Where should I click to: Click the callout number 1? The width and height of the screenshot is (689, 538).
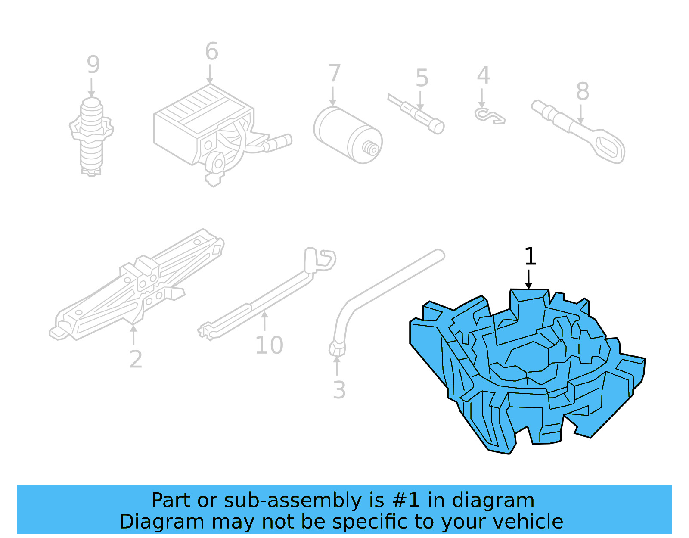[x=530, y=257]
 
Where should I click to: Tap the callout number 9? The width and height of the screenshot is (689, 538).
[x=93, y=65]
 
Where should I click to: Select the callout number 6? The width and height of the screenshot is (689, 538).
[x=211, y=52]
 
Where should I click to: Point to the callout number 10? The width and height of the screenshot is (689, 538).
[x=269, y=345]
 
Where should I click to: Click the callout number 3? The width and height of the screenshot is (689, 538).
[x=339, y=390]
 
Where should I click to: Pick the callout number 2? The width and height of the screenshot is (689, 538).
[x=136, y=359]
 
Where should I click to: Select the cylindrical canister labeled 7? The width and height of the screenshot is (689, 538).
[x=347, y=135]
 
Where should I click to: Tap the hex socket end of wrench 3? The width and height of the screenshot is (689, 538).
[x=337, y=348]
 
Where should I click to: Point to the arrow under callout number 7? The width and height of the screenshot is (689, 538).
[x=333, y=96]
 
